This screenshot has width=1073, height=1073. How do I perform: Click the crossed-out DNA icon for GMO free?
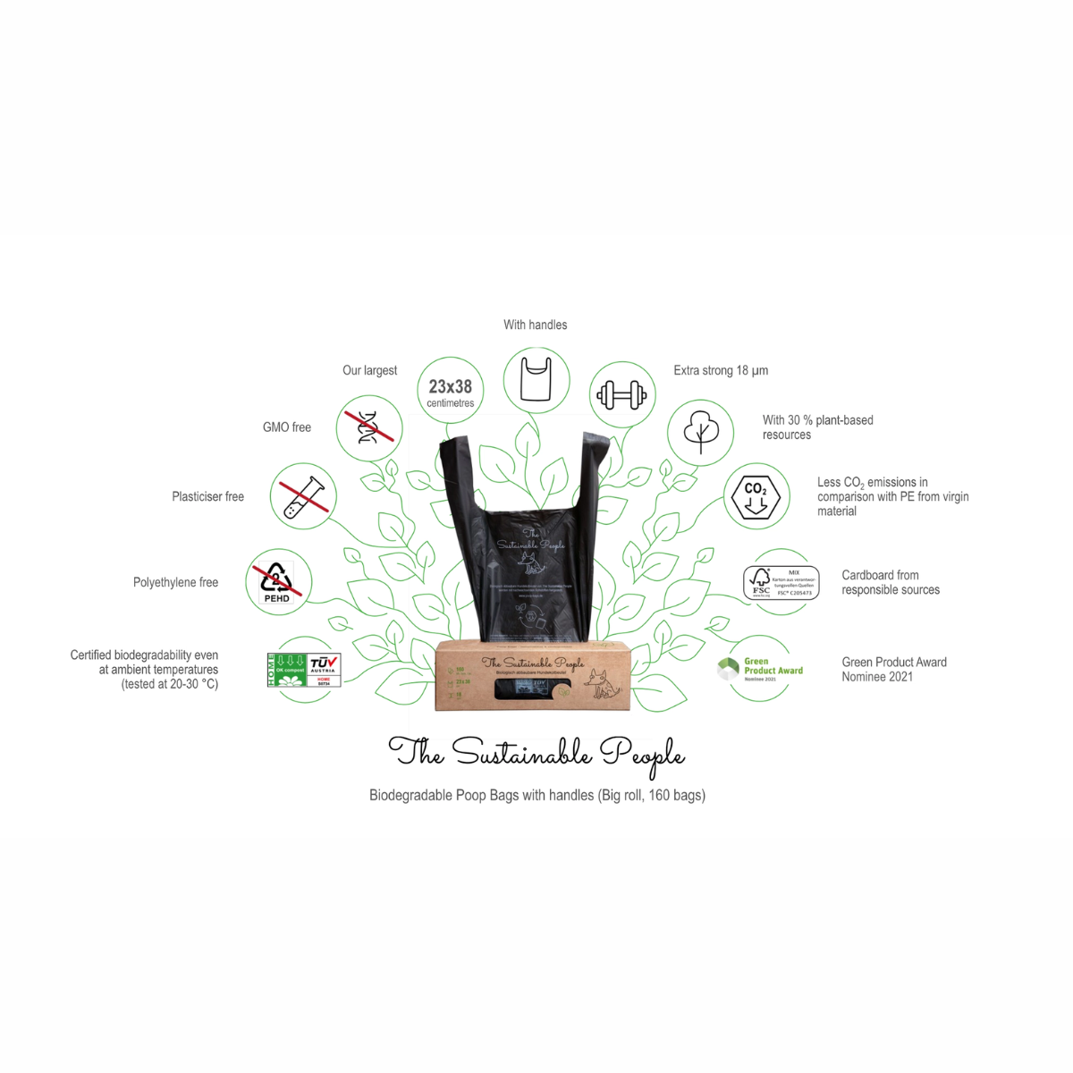click(368, 427)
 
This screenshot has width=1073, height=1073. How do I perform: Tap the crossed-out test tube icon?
click(303, 496)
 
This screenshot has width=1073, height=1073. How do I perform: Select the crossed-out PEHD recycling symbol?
click(277, 582)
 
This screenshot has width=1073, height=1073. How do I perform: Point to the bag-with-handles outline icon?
click(536, 379)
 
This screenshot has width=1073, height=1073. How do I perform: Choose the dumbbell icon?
click(622, 394)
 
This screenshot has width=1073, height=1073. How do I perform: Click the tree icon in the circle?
click(701, 431)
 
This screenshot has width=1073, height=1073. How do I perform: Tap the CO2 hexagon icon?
click(756, 496)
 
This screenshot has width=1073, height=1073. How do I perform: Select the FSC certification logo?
click(781, 582)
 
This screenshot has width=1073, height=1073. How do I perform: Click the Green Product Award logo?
click(760, 669)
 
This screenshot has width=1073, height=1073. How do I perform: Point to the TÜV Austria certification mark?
click(323, 670)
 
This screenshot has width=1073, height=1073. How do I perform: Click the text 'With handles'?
click(535, 325)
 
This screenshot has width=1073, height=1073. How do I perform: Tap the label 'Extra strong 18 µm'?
click(721, 370)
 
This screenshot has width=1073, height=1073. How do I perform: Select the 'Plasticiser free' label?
click(207, 496)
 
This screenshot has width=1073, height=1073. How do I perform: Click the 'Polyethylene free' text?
click(175, 582)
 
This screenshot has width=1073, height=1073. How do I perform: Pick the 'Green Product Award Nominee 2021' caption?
click(893, 669)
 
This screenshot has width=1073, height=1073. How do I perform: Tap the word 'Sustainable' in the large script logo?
click(522, 753)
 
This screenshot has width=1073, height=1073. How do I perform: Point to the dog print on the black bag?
click(533, 563)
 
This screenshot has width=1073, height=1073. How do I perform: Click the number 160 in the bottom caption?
click(659, 795)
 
